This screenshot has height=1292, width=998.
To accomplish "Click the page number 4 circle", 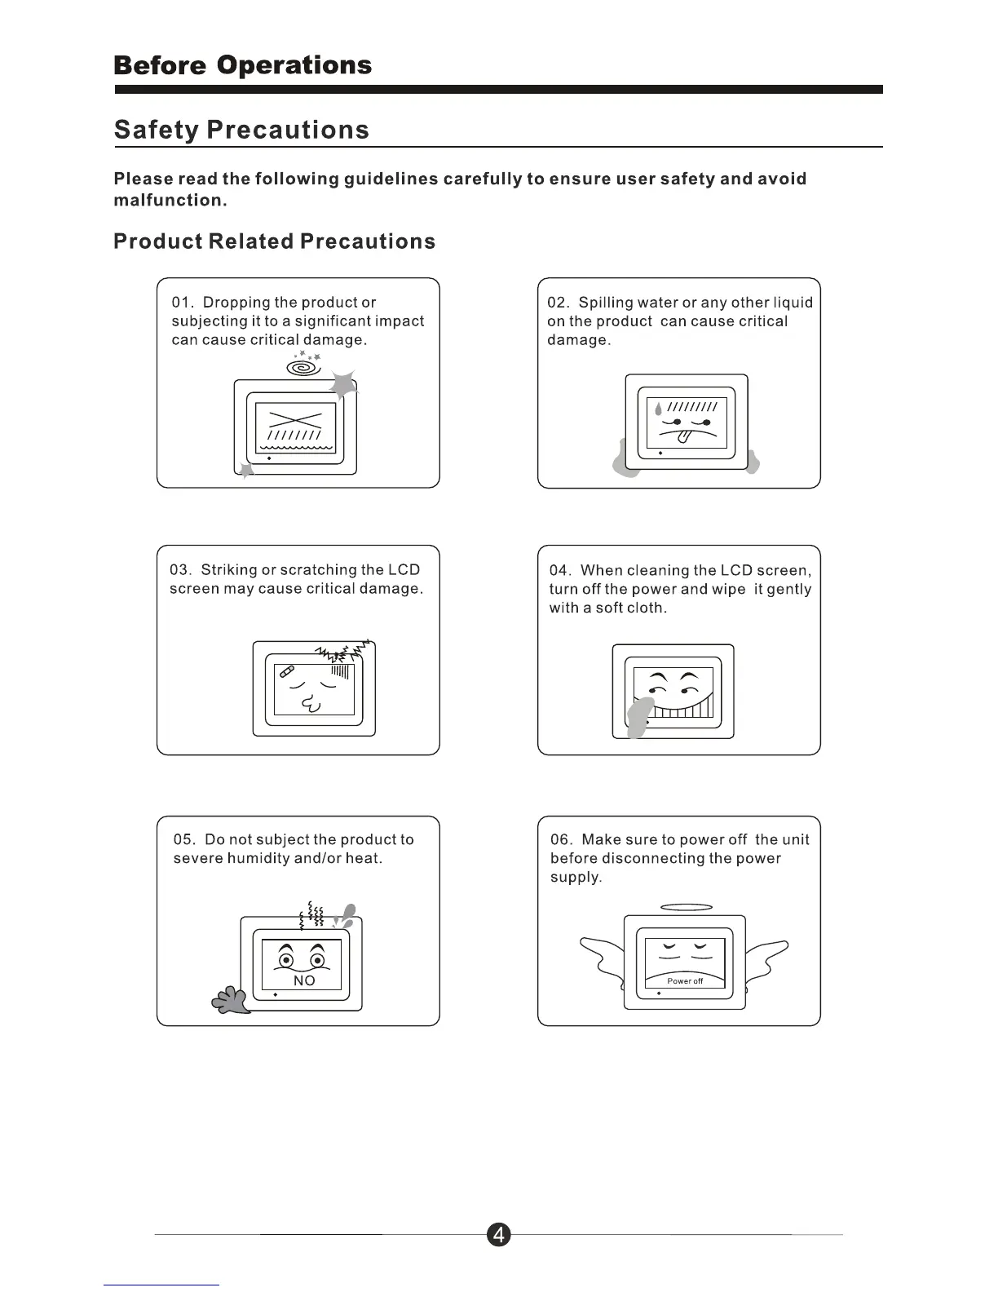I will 498,1235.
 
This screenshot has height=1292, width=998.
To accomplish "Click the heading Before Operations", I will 243,65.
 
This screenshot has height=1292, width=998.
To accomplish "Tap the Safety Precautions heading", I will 241,130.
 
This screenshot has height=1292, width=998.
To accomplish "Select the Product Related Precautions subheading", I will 275,241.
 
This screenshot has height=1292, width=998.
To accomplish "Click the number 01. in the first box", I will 183,303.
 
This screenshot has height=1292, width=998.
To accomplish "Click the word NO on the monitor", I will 304,980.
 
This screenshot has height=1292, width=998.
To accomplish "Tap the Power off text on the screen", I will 685,981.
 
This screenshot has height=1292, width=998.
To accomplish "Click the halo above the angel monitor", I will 686,907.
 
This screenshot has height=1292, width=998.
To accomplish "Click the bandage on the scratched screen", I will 286,672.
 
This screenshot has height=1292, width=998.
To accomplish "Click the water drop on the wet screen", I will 659,409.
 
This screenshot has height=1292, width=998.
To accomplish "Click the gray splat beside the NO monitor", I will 231,1000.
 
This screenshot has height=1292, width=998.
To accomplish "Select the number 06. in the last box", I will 562,839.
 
